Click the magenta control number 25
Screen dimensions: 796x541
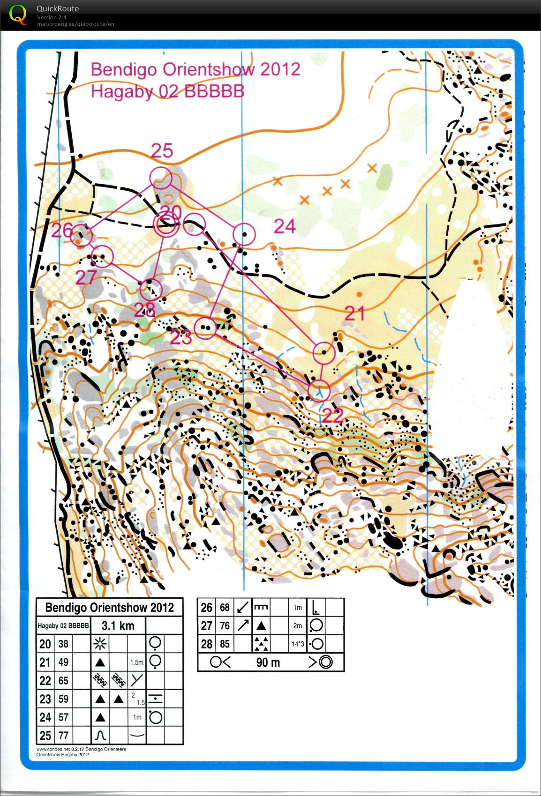[162, 150]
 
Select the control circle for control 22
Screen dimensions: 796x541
[319, 390]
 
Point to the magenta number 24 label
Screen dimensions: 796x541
[285, 226]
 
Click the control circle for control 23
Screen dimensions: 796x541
[205, 327]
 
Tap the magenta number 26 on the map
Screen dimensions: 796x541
[62, 231]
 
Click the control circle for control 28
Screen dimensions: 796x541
[151, 289]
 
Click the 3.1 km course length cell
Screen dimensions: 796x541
[118, 625]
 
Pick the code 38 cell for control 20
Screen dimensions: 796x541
[63, 644]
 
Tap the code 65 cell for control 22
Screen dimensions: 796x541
[63, 680]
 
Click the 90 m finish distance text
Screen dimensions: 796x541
[268, 662]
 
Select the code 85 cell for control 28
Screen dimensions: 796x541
[225, 644]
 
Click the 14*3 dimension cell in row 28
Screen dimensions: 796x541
[298, 644]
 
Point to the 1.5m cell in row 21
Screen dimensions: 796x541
[136, 662]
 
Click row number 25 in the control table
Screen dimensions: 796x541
[45, 736]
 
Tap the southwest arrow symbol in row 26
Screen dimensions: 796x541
[243, 608]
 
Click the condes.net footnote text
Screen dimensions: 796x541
[81, 749]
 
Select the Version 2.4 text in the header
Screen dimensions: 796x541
[52, 17]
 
